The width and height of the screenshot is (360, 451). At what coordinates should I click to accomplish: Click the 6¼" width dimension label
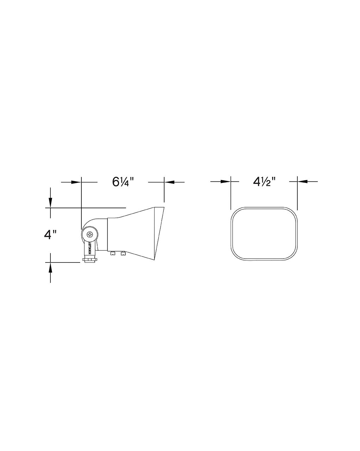123,182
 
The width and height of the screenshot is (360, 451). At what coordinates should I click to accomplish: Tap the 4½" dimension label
264,181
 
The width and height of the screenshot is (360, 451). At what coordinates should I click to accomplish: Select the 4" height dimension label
50,235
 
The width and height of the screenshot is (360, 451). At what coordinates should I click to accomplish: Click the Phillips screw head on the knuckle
90,234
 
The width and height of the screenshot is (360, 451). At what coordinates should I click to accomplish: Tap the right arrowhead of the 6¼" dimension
169,182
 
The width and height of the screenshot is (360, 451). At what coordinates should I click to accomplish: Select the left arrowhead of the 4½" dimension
226,181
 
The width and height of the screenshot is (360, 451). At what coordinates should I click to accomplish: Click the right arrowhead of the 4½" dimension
302,181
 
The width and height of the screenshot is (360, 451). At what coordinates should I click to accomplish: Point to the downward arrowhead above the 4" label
50,203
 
